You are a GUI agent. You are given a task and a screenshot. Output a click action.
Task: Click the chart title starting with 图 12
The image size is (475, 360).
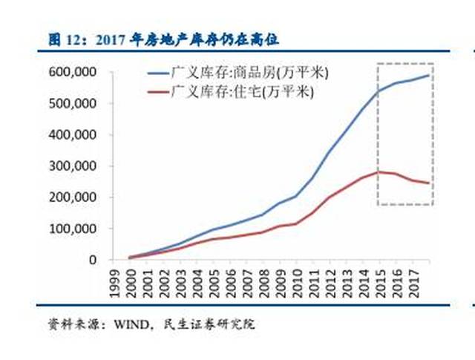[167, 38]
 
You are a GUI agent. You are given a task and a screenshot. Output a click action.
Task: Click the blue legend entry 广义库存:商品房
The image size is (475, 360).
[249, 74]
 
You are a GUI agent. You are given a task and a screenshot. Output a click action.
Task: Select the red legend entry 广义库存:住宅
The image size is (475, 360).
[242, 92]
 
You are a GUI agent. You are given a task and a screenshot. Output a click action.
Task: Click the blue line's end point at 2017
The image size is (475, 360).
[430, 75]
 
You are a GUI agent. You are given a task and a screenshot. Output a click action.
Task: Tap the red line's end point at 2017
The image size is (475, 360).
[430, 183]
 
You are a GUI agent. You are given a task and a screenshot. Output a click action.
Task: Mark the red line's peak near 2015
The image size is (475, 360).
[381, 171]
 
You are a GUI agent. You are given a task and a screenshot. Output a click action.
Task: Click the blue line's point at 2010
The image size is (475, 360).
[298, 196]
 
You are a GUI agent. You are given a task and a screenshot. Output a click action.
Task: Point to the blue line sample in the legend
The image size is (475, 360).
[157, 74]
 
